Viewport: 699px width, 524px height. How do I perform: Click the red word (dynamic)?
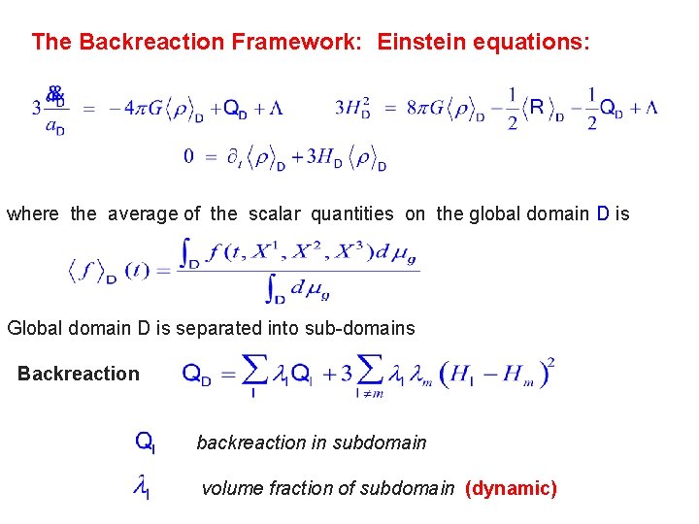coord(512,488)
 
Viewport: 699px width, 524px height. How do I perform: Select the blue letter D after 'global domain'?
coord(604,213)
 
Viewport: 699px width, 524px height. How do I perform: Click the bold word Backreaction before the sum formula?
coord(79,374)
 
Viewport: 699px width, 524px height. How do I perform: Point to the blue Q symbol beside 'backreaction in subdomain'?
coord(146,442)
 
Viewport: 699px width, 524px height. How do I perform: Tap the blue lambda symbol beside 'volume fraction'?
coord(142,488)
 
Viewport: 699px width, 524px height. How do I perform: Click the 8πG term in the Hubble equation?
coord(426,108)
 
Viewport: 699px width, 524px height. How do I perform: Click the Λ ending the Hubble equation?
coord(649,108)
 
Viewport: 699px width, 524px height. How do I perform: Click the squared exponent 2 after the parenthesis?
coord(550,363)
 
